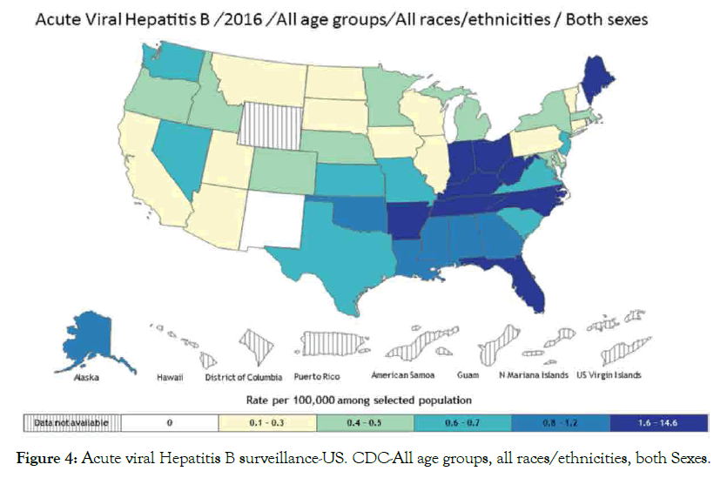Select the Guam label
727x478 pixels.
(x=468, y=378)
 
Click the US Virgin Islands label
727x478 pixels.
(x=609, y=377)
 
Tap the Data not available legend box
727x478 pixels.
(x=71, y=422)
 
